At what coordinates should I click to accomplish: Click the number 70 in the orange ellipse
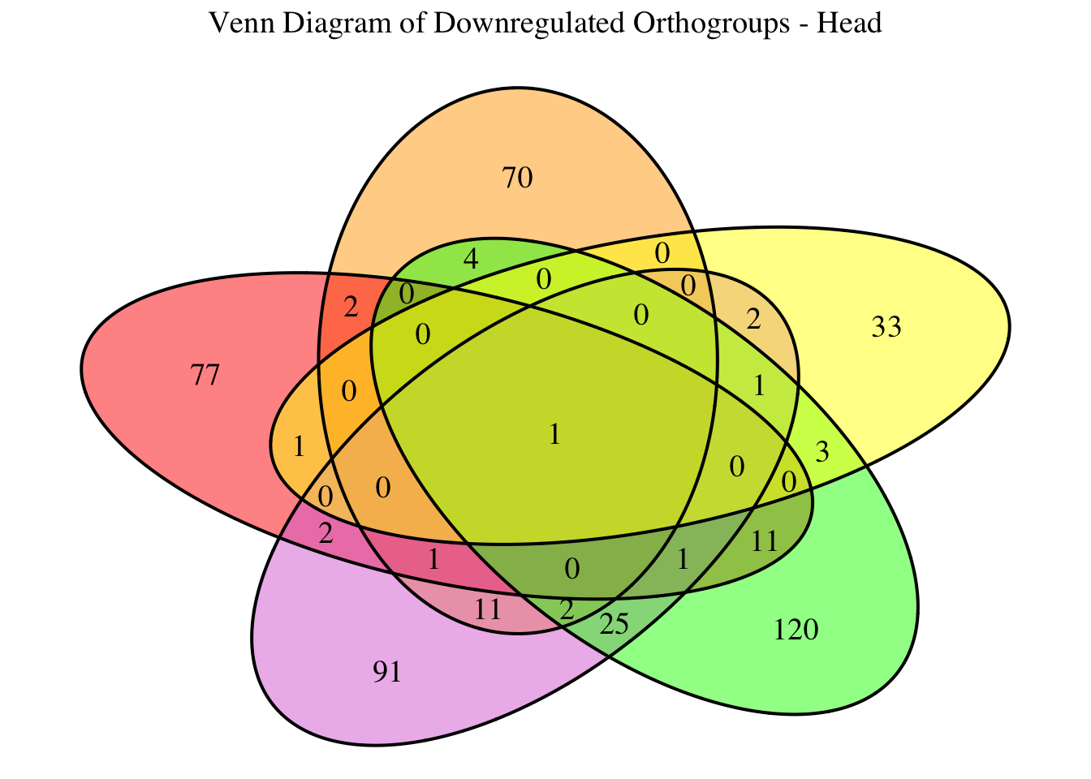click(x=518, y=178)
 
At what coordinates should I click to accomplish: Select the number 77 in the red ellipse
click(x=205, y=376)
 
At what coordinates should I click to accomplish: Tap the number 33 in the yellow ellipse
click(x=886, y=328)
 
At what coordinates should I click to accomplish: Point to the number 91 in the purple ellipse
click(x=387, y=672)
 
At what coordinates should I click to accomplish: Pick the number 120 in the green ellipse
click(x=796, y=629)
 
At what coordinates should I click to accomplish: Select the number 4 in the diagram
click(x=470, y=260)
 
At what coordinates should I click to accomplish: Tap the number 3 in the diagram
click(x=821, y=453)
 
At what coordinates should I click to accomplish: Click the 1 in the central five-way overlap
click(x=554, y=436)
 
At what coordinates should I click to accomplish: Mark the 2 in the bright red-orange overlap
click(x=351, y=308)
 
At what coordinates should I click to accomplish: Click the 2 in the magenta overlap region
click(x=326, y=533)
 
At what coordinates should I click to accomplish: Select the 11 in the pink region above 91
click(x=488, y=609)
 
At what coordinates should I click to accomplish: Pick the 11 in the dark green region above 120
click(x=765, y=540)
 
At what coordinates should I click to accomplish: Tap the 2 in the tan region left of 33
click(x=753, y=321)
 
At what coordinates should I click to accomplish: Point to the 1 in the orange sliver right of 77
click(x=299, y=446)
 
